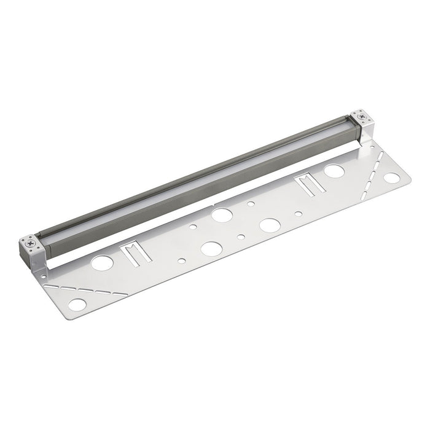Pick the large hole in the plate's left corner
pos(77,305)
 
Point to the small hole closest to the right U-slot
pos(298,214)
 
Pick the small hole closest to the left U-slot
pos(181,260)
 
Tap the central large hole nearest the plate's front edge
pos(212,249)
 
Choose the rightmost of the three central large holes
pos(268,225)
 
